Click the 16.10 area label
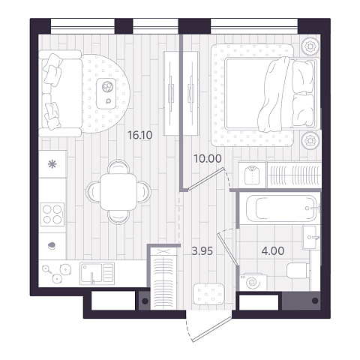pyautogui.click(x=140, y=136)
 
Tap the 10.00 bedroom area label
pyautogui.click(x=208, y=158)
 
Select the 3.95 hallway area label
pyautogui.click(x=202, y=251)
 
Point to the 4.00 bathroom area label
pyautogui.click(x=273, y=251)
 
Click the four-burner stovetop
pyautogui.click(x=52, y=214)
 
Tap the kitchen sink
pyautogui.click(x=97, y=273)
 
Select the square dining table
pyautogui.click(x=118, y=192)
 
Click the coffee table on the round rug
pyautogui.click(x=106, y=94)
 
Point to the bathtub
pyautogui.click(x=282, y=208)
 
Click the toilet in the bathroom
pyautogui.click(x=298, y=270)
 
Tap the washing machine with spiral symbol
pyautogui.click(x=253, y=283)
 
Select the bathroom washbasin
pyautogui.click(x=309, y=237)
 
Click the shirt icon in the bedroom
pyautogui.click(x=252, y=175)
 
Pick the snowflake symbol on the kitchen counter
pyautogui.click(x=52, y=164)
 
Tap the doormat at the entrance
pyautogui.click(x=209, y=294)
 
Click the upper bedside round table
pyautogui.click(x=310, y=46)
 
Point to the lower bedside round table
pyautogui.click(x=310, y=140)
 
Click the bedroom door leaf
pyautogui.click(x=205, y=179)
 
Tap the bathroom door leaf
pyautogui.click(x=227, y=248)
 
